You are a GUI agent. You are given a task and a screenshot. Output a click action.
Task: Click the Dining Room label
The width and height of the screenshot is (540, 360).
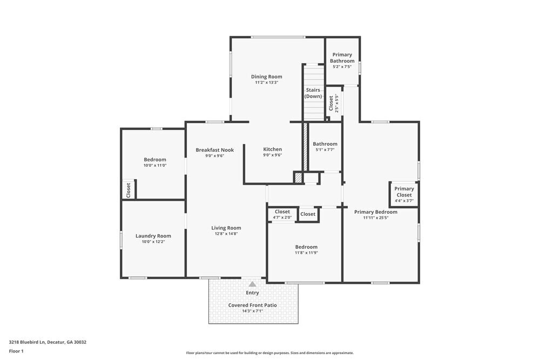(267, 77)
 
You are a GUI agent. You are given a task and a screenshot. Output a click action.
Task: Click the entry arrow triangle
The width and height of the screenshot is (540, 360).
(252, 283)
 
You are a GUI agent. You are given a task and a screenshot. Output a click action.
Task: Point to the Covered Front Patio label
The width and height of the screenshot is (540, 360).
(252, 305)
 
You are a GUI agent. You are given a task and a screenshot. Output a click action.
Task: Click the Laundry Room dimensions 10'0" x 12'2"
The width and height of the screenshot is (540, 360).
(153, 242)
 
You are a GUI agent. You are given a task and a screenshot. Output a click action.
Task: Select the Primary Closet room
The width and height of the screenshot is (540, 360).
(404, 193)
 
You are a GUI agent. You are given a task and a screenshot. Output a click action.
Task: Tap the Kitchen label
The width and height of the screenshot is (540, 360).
(272, 150)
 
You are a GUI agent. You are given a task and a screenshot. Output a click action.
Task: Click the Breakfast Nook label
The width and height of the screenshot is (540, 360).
(214, 150)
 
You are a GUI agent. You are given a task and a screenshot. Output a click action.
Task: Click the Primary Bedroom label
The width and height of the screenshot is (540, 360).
(375, 212)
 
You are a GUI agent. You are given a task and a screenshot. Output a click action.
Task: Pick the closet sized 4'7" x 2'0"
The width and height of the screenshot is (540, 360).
(282, 215)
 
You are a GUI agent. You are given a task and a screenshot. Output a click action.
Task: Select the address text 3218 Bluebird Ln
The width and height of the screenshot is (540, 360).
(32, 342)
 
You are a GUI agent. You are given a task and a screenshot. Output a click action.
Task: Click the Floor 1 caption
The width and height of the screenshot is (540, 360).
(16, 351)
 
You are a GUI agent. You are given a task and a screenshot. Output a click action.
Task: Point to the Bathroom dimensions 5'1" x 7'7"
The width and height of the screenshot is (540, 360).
(325, 150)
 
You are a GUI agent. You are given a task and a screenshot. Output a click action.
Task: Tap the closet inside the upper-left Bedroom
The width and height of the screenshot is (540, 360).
(129, 190)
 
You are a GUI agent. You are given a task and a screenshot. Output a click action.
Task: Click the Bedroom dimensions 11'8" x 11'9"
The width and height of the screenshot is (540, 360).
(306, 253)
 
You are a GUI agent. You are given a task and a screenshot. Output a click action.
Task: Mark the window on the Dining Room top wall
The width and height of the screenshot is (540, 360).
(278, 37)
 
